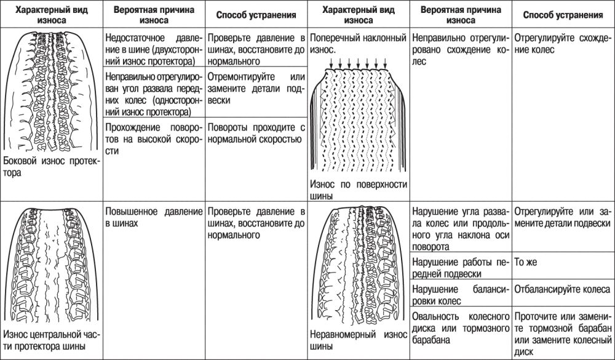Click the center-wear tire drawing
click(52, 265)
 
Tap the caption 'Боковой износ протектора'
click(50, 166)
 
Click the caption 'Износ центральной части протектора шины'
click(50, 340)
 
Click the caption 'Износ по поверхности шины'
click(351, 190)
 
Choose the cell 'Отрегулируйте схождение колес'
click(562, 43)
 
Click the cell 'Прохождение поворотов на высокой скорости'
click(153, 139)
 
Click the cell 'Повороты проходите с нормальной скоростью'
click(255, 133)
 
